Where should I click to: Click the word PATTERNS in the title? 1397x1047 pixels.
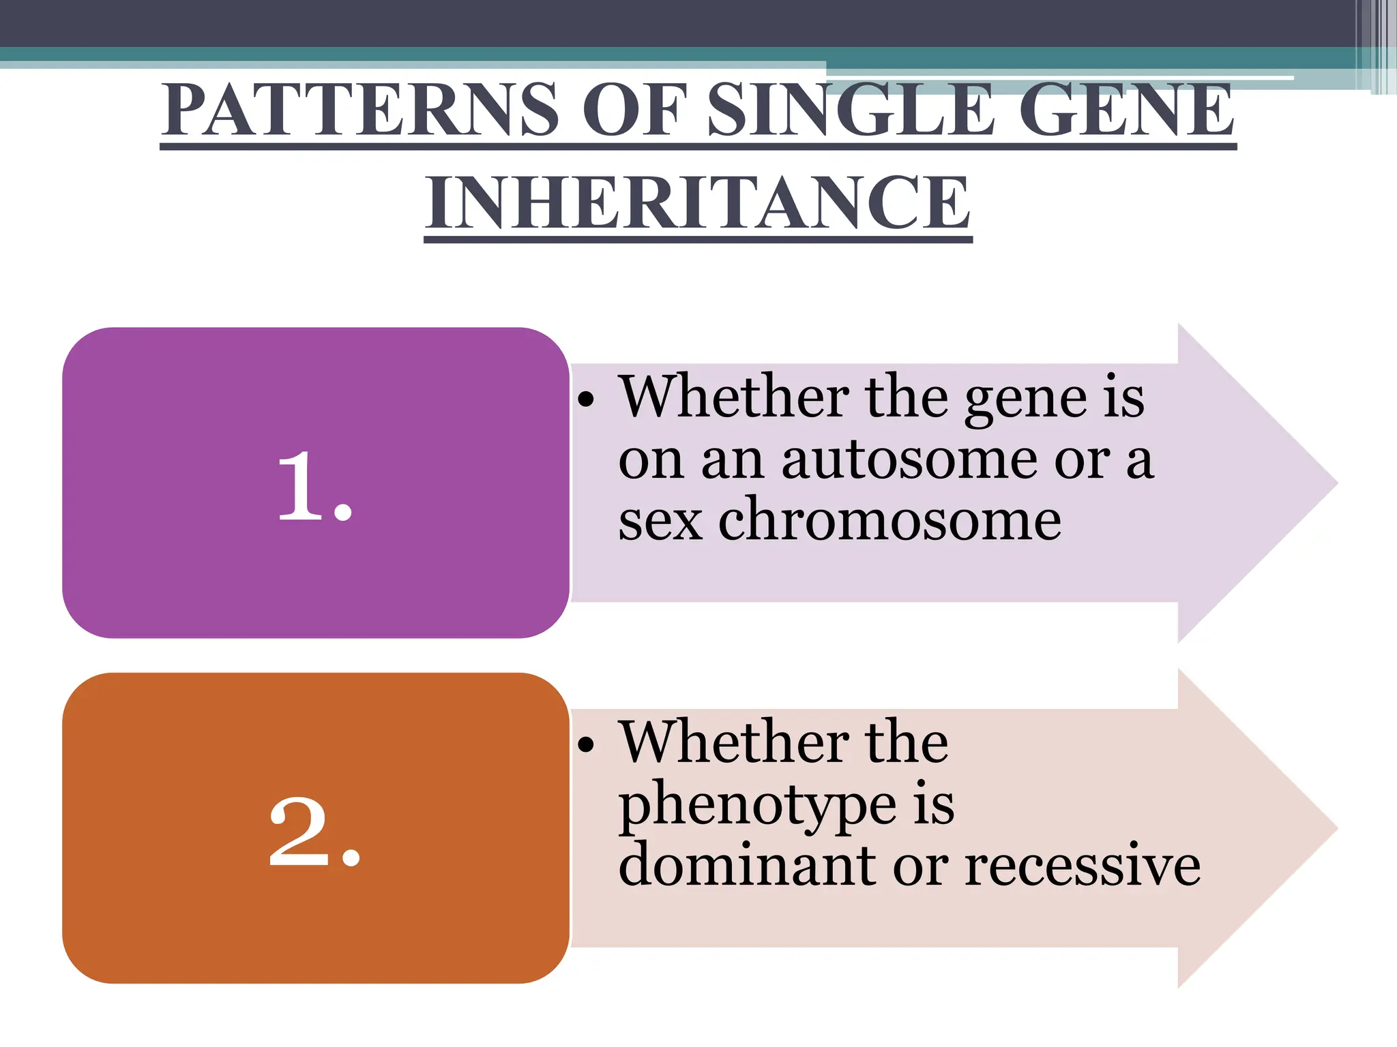pyautogui.click(x=360, y=110)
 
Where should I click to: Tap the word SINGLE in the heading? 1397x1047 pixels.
pyautogui.click(x=850, y=110)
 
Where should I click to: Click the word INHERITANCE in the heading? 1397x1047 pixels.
pyautogui.click(x=698, y=202)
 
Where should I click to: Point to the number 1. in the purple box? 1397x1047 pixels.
pyautogui.click(x=314, y=487)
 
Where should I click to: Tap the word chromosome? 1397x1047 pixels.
pyautogui.click(x=889, y=521)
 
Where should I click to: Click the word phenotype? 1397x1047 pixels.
pyautogui.click(x=757, y=806)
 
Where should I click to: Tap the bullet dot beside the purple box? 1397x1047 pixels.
pyautogui.click(x=586, y=400)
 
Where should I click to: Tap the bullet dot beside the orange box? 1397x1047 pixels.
pyautogui.click(x=586, y=745)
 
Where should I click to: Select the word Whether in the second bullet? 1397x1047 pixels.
pyautogui.click(x=734, y=742)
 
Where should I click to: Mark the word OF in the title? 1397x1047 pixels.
pyautogui.click(x=632, y=110)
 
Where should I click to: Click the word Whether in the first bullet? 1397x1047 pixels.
pyautogui.click(x=734, y=397)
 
